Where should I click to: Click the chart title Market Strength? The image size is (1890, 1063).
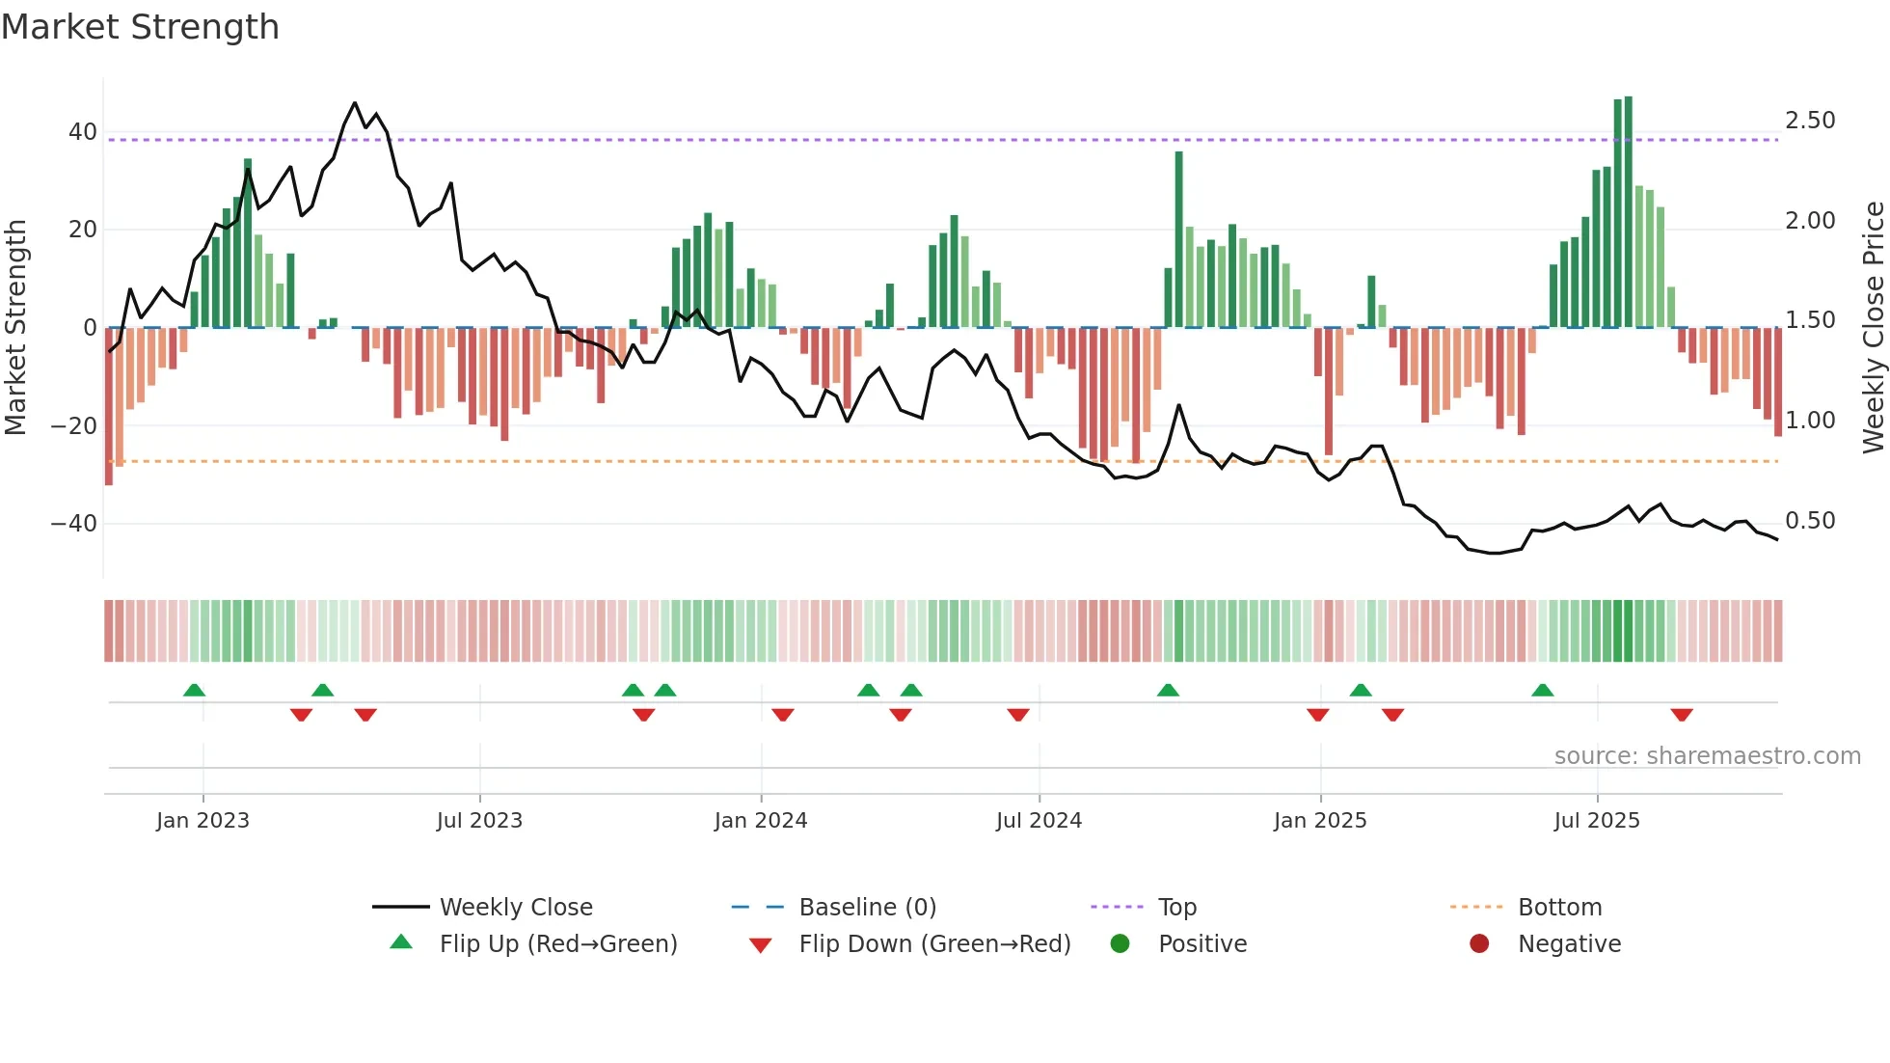140,27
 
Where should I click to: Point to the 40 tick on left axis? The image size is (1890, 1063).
82,132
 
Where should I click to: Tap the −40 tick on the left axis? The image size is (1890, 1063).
74,524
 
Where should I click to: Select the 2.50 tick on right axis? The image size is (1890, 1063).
1810,121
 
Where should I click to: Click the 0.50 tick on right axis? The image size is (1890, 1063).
1810,521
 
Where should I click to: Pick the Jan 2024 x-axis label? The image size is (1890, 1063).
761,821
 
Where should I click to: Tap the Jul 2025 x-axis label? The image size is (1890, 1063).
1597,821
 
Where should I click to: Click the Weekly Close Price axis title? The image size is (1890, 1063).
1873,328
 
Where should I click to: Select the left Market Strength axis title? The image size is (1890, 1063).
15,328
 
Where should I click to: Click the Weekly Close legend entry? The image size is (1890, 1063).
516,908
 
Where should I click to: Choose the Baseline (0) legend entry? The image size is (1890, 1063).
867,908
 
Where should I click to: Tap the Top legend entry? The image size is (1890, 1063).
1177,908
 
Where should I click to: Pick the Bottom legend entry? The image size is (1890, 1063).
1559,908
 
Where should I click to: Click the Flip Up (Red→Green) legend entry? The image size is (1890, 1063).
558,944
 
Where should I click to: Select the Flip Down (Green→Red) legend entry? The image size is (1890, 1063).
934,944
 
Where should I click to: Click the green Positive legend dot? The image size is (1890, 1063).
1120,943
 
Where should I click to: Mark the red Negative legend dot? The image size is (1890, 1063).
1479,943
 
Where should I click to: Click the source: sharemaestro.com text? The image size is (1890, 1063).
1707,756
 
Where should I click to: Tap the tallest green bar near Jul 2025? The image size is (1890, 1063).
1628,212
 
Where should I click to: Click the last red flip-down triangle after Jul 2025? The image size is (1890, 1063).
1682,715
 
